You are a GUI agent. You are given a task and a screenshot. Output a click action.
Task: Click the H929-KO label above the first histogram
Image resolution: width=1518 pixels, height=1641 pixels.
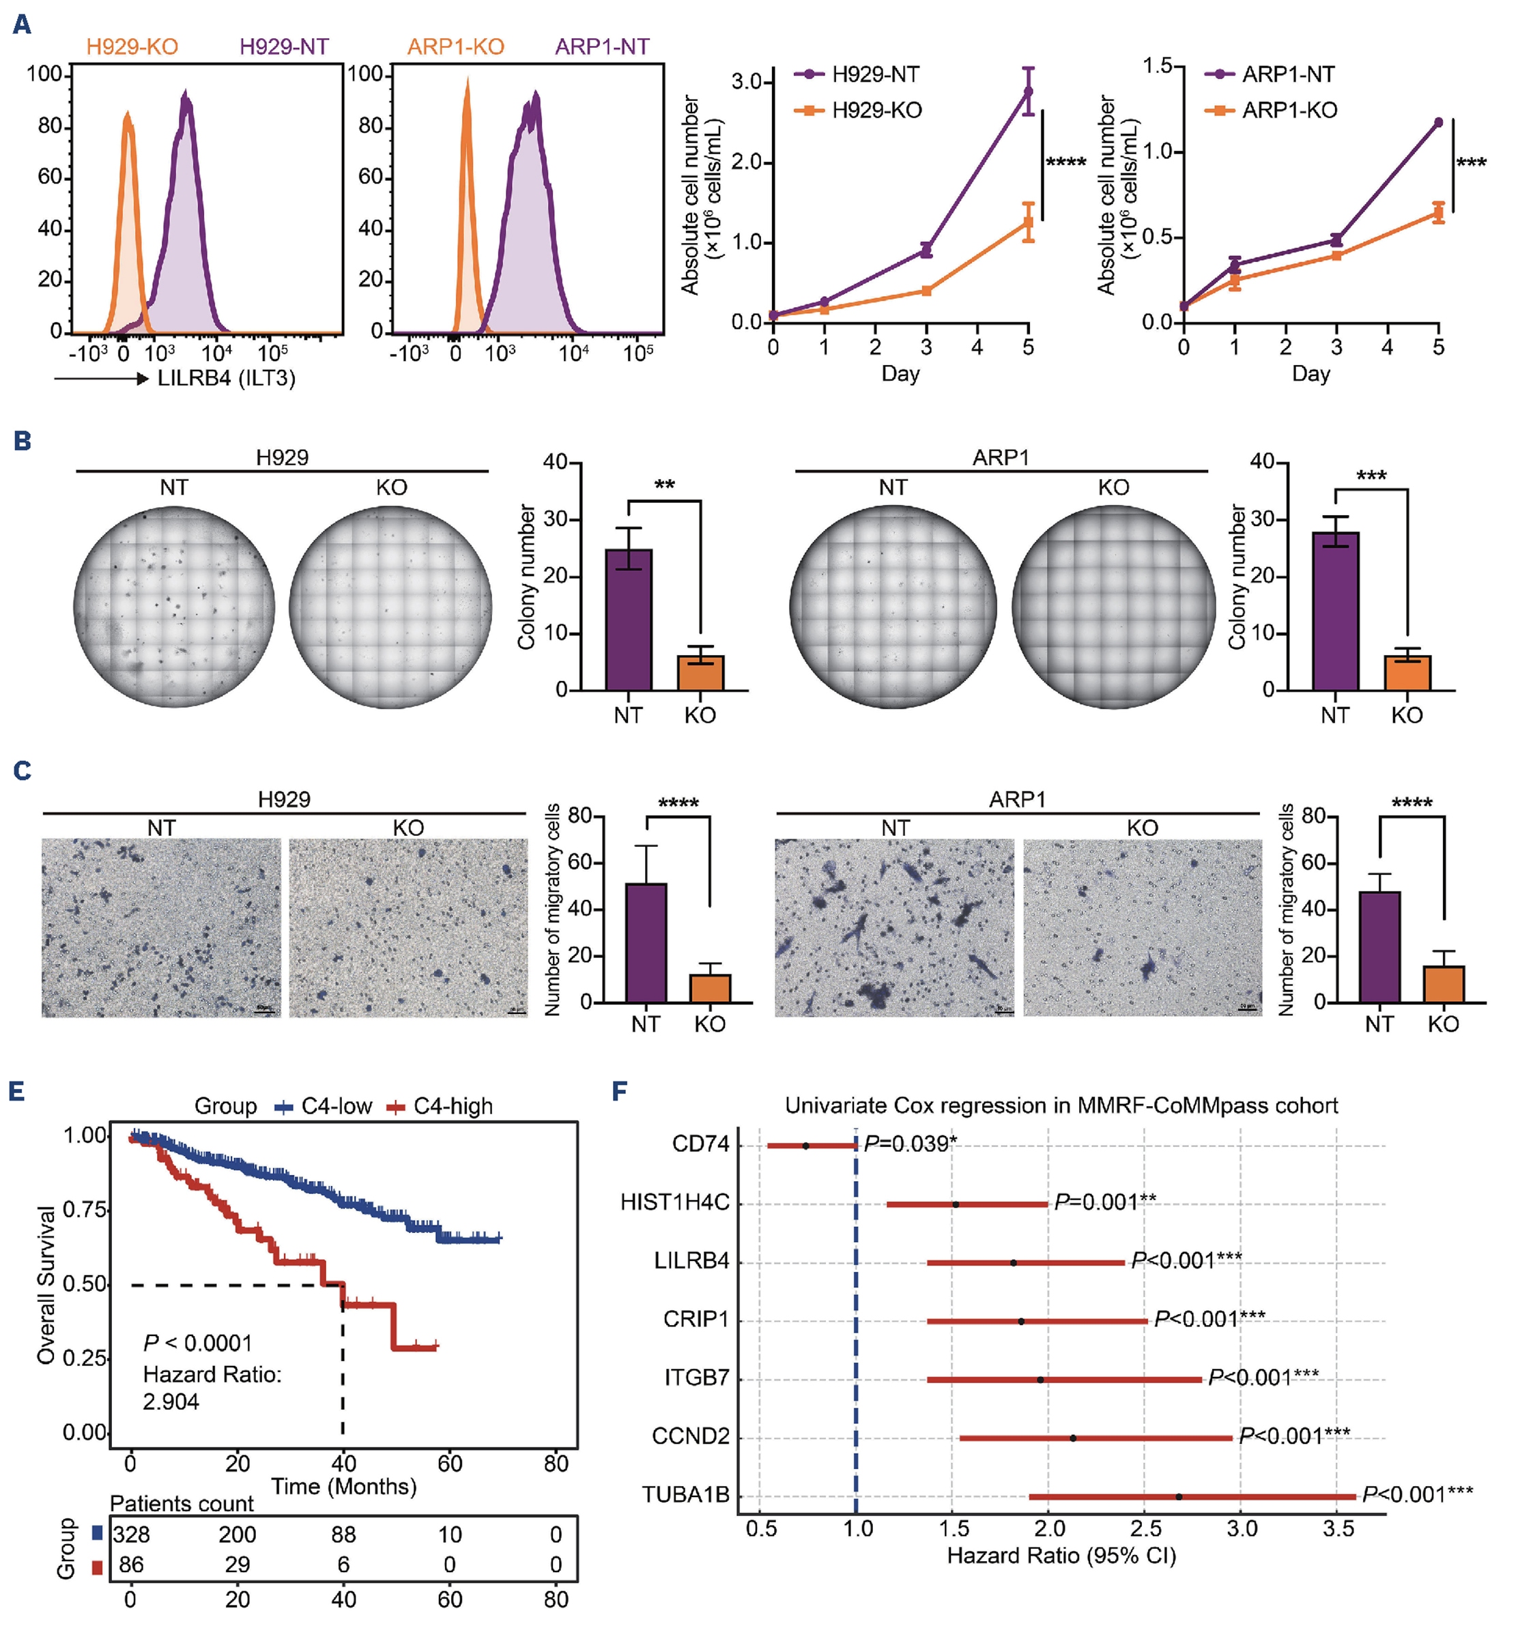click(132, 47)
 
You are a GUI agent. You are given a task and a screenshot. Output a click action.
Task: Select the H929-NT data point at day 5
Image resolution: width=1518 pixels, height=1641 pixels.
click(1028, 92)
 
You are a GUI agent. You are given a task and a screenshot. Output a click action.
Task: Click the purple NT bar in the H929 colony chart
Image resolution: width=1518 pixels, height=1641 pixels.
click(629, 620)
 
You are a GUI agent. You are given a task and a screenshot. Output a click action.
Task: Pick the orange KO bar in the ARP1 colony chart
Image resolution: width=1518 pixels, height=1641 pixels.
click(1407, 673)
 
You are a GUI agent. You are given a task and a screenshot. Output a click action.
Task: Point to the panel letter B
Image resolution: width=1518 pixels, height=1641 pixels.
click(22, 441)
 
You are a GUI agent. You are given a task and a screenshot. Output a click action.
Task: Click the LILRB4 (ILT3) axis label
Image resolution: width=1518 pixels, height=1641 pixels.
click(226, 379)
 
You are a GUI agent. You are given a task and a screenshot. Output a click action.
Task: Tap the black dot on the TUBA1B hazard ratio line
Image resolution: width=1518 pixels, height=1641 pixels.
click(1179, 1496)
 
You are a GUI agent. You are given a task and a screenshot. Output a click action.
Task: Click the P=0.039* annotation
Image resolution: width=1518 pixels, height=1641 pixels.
click(910, 1144)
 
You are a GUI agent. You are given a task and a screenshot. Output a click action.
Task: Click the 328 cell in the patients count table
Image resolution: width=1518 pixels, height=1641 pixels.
click(132, 1535)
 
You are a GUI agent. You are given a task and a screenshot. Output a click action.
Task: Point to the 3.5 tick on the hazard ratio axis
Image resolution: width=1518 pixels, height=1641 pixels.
click(1338, 1528)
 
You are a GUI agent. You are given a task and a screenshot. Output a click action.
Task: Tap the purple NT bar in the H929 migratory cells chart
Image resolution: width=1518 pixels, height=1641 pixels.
click(646, 943)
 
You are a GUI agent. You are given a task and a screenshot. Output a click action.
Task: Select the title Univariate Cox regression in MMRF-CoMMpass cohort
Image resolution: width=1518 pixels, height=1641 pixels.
click(1061, 1105)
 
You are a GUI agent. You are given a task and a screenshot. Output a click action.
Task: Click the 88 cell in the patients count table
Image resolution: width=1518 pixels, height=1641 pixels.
click(343, 1535)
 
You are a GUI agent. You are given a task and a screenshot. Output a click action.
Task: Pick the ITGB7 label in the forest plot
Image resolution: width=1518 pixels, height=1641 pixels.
click(697, 1378)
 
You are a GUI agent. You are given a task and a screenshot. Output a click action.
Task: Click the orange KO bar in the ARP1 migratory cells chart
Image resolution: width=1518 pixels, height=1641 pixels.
click(1443, 984)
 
